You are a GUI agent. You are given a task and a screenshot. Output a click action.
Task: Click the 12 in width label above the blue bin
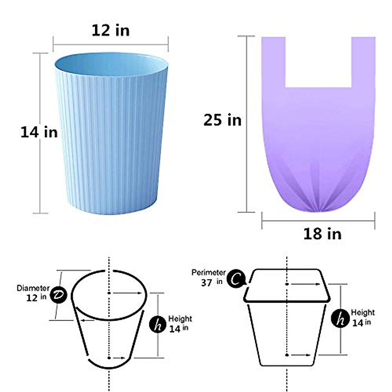pyautogui.click(x=110, y=31)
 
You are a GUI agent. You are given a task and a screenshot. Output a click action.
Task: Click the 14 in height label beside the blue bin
pyautogui.click(x=39, y=132)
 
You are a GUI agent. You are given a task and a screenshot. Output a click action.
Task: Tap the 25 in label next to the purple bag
pyautogui.click(x=222, y=120)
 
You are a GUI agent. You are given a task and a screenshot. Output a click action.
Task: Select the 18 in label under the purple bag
pyautogui.click(x=322, y=234)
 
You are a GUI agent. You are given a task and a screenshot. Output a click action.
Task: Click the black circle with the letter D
pyautogui.click(x=59, y=295)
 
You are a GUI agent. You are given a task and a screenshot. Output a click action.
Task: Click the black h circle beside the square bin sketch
pyautogui.click(x=340, y=318)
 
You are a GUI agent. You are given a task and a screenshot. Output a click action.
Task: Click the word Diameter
pyautogui.click(x=33, y=288)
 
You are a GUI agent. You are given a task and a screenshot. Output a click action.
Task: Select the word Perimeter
pyautogui.click(x=208, y=272)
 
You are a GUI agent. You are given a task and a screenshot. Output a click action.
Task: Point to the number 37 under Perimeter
pyautogui.click(x=206, y=283)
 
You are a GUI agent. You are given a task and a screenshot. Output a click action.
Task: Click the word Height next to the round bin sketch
pyautogui.click(x=180, y=318)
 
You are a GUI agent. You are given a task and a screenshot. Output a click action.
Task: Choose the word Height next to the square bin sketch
pyautogui.click(x=363, y=312)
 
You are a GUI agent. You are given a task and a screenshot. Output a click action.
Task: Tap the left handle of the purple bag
pyautogui.click(x=273, y=62)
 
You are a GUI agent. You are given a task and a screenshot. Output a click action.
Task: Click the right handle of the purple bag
pyautogui.click(x=363, y=62)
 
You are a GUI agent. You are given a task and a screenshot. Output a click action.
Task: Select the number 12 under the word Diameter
pyautogui.click(x=32, y=298)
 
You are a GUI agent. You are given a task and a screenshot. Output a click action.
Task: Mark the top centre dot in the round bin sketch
pyautogui.click(x=109, y=293)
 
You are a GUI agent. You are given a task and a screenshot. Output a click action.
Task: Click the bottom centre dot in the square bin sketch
pyautogui.click(x=287, y=355)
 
